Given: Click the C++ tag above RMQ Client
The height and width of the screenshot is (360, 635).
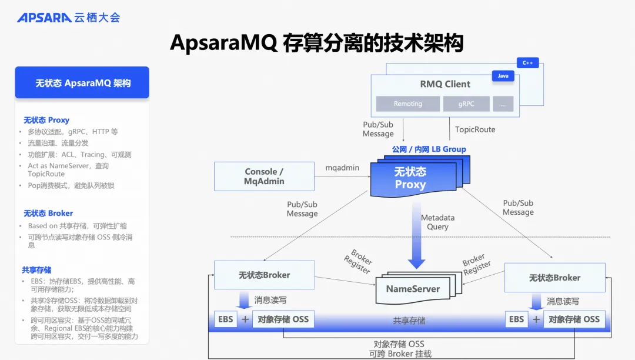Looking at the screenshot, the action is point(527,63).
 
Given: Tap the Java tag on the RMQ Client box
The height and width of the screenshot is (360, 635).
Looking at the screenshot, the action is point(503,76).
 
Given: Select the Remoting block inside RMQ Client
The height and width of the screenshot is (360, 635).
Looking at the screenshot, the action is point(408,104).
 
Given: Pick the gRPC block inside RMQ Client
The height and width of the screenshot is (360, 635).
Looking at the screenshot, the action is point(466,104).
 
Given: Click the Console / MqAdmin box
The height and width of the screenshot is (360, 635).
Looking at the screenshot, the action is point(264,176).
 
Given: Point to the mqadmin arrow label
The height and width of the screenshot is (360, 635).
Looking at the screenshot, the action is point(342,168).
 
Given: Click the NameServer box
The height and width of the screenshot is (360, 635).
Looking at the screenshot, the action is point(413,289).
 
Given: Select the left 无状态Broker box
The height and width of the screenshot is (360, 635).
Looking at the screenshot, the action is point(265,275).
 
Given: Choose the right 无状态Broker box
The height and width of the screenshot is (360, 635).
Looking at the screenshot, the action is point(555,278).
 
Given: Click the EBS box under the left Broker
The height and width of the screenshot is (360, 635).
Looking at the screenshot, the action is point(226,319).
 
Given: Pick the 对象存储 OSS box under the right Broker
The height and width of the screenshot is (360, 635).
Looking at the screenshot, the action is point(574,319).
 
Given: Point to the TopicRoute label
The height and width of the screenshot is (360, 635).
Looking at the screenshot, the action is point(475,129).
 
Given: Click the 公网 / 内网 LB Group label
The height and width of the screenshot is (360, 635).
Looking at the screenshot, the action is point(429,149).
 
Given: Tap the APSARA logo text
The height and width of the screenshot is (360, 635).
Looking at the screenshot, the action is point(44,18).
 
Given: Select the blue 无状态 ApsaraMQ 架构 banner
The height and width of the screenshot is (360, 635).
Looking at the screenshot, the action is point(82,82).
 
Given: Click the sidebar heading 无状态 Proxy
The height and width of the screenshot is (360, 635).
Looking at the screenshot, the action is point(46,120).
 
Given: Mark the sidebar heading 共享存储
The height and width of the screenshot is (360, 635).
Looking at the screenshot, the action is point(36,270).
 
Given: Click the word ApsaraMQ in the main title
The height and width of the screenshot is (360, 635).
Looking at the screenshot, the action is point(223,43).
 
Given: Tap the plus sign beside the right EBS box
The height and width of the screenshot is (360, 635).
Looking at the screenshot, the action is point(536,319).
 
